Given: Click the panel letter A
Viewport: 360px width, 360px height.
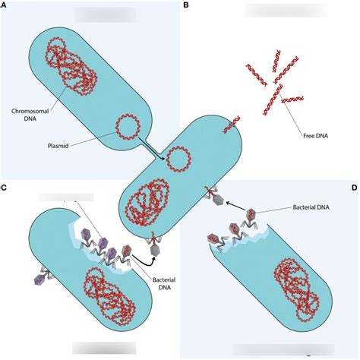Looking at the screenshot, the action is coord(3,5).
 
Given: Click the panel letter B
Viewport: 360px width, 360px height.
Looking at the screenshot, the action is coord(186,5).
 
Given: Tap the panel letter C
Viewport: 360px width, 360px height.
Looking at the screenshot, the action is coord(4,188).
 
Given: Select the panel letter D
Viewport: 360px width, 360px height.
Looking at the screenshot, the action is coord(355,188).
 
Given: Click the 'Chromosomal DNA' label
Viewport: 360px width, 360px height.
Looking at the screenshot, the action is coord(30,115).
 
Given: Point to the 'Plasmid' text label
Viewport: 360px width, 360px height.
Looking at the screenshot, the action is coord(58,146).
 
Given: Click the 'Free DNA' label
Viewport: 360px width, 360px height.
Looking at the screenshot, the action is coord(316,136).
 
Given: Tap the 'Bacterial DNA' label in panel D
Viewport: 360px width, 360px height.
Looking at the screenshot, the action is coord(311,207).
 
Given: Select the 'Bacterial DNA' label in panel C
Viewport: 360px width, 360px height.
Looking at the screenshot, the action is coord(164,284).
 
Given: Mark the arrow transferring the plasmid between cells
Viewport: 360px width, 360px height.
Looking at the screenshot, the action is coord(152,149).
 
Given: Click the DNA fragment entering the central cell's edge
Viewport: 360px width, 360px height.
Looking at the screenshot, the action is coord(232,125).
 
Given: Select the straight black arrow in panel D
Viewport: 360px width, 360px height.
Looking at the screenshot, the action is coord(235,206).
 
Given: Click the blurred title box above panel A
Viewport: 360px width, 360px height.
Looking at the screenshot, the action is coord(106,14).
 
